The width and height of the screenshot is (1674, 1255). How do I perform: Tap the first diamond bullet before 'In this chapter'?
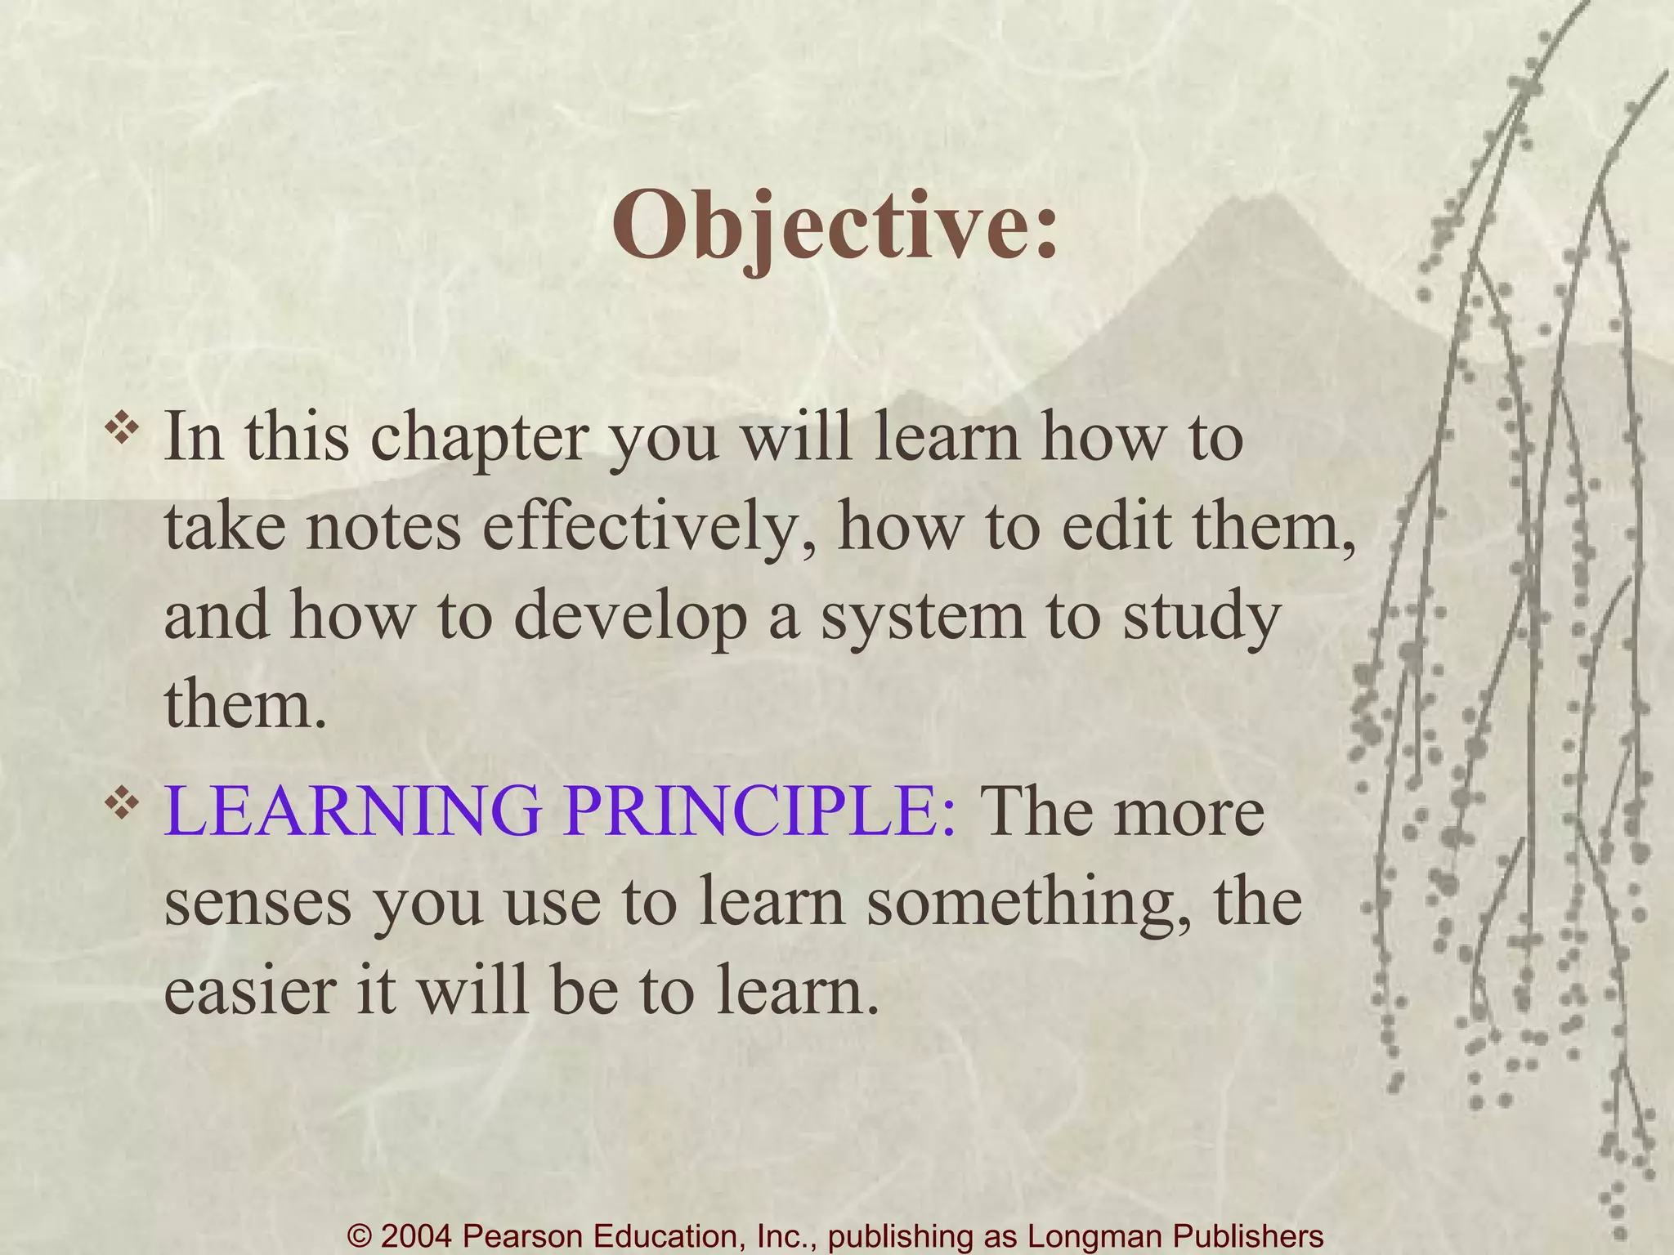pyautogui.click(x=122, y=431)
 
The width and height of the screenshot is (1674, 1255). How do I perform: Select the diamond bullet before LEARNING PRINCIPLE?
pyautogui.click(x=122, y=804)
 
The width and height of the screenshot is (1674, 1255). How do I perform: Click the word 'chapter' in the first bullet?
pyautogui.click(x=479, y=440)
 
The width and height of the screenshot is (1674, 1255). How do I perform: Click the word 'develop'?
pyautogui.click(x=629, y=618)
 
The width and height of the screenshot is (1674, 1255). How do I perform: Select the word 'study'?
pyautogui.click(x=1201, y=618)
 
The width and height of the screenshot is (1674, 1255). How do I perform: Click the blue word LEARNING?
pyautogui.click(x=352, y=812)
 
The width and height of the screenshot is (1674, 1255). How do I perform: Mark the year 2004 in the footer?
pyautogui.click(x=417, y=1236)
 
